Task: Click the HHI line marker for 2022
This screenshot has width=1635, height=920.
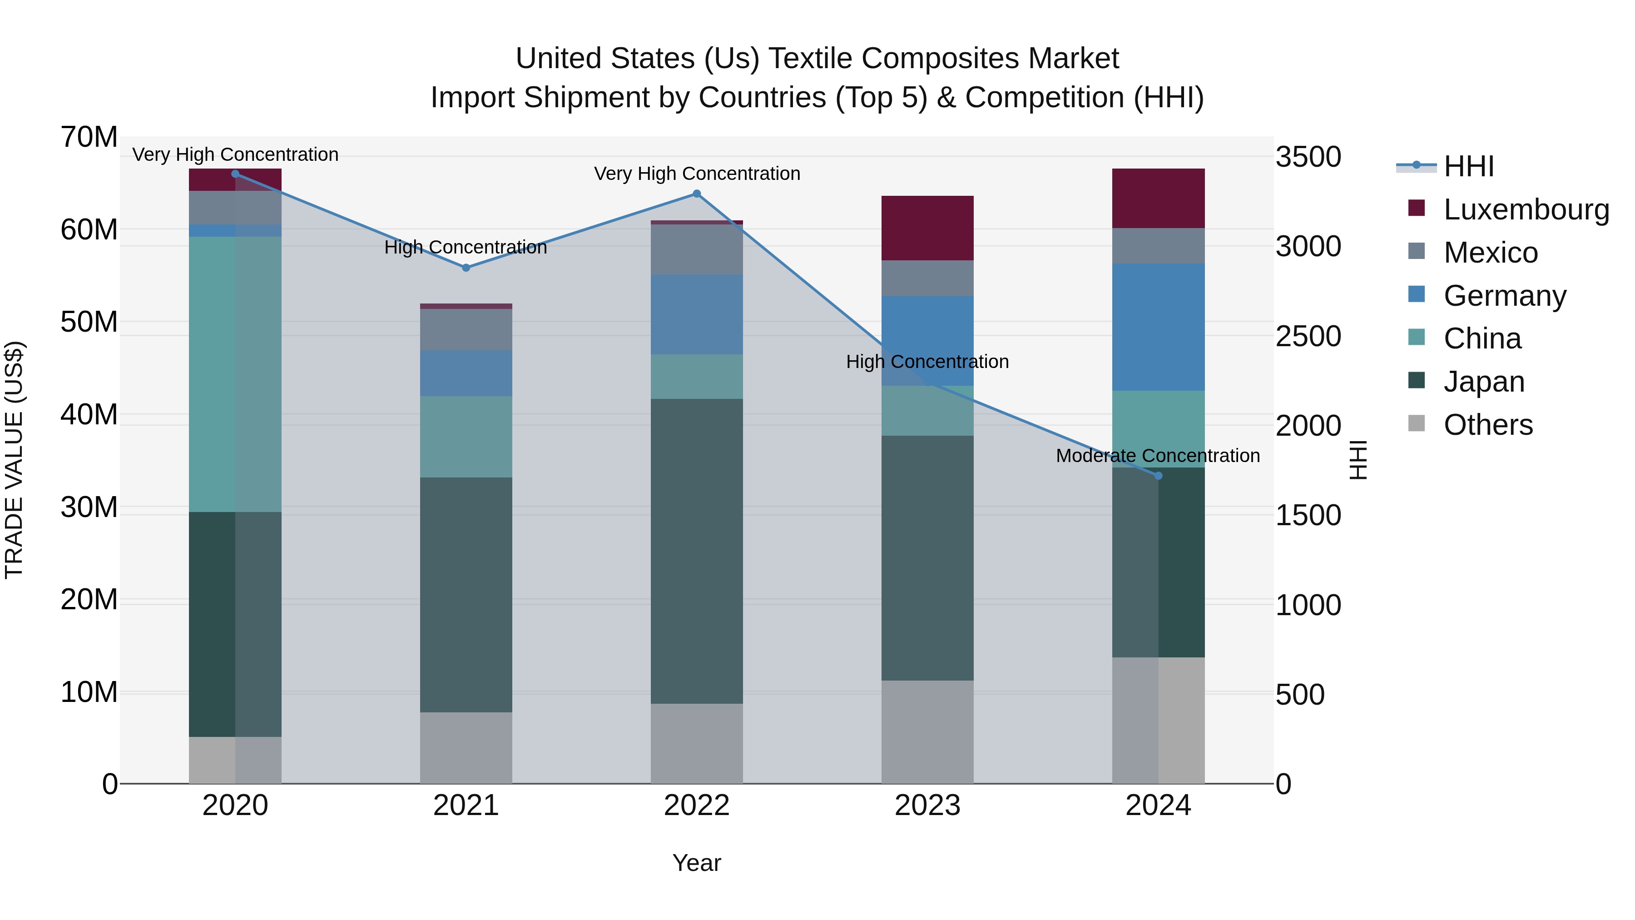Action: click(x=696, y=194)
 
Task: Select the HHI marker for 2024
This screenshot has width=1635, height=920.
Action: click(x=1158, y=476)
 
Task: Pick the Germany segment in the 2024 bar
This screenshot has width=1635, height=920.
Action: click(x=1158, y=327)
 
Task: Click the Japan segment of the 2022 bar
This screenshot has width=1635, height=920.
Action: click(x=696, y=551)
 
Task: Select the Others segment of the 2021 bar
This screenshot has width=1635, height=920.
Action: click(x=466, y=747)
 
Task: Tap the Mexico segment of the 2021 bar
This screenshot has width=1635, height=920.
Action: click(x=466, y=329)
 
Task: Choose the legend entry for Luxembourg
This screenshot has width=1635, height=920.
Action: click(x=1526, y=209)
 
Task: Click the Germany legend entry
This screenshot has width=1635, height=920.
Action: click(x=1504, y=296)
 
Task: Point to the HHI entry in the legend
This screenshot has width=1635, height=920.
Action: click(x=1468, y=166)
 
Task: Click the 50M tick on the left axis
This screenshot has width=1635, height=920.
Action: click(x=89, y=322)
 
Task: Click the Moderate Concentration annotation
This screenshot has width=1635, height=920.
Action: click(x=1158, y=456)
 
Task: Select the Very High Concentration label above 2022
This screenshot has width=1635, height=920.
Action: click(x=696, y=174)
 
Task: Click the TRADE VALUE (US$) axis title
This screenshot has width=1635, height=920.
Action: click(x=14, y=460)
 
